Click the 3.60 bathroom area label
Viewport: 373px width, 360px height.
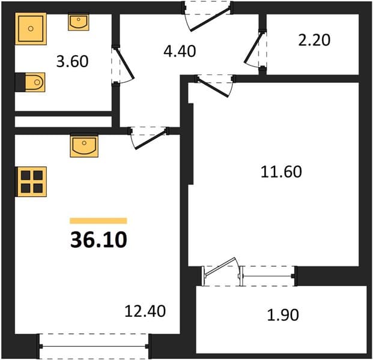point(73,61)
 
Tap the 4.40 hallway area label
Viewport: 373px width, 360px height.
point(180,51)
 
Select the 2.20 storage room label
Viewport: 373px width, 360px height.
point(314,40)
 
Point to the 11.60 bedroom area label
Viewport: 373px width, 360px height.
point(282,172)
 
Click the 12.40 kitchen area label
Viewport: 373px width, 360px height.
point(145,311)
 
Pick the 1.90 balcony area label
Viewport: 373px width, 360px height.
point(283,315)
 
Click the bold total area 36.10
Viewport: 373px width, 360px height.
point(99,240)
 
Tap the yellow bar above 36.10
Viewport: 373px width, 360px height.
point(99,221)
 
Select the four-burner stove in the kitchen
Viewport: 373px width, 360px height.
point(31,182)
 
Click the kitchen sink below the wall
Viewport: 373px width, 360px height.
point(84,146)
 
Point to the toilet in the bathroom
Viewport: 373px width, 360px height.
point(30,82)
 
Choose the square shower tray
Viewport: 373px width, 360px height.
point(31,29)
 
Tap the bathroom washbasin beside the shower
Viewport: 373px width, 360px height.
point(79,22)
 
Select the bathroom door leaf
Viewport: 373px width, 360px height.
point(124,63)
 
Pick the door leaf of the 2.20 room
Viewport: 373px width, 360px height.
point(253,47)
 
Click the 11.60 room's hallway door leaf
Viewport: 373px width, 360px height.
point(213,86)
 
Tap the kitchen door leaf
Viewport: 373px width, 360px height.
point(150,139)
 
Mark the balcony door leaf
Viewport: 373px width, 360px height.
point(220,266)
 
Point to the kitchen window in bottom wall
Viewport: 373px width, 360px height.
point(94,346)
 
